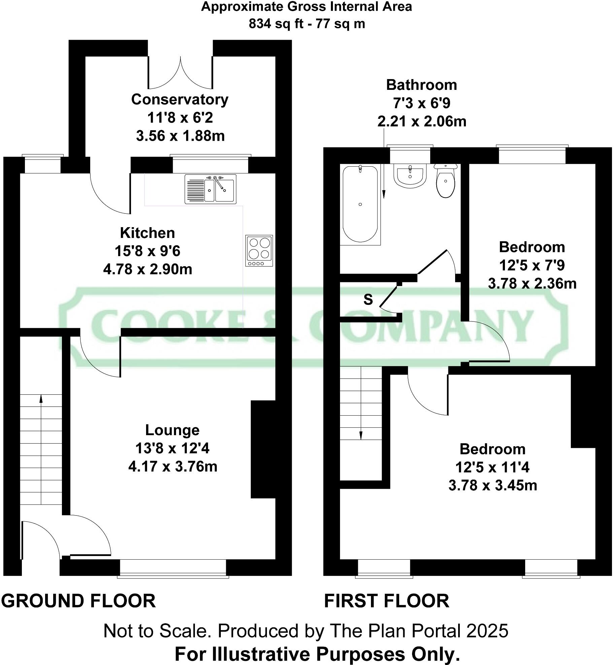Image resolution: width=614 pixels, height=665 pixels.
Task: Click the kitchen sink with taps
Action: click(210, 189)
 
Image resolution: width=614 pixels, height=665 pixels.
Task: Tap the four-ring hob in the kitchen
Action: click(259, 251)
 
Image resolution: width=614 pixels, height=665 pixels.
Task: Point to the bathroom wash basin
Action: click(410, 175)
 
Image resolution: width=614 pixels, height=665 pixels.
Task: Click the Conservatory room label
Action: click(180, 100)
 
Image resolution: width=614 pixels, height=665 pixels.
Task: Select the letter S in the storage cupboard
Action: click(368, 299)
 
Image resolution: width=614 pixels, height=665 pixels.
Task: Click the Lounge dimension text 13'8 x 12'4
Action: click(172, 448)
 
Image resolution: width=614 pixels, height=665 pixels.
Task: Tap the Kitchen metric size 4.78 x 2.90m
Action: click(147, 269)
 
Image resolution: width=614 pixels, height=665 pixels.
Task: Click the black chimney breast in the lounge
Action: click(263, 449)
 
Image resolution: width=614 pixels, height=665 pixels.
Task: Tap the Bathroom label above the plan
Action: click(421, 85)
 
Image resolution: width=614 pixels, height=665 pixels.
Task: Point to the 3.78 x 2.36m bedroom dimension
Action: click(532, 283)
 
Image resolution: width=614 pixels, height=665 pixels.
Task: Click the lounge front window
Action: click(173, 568)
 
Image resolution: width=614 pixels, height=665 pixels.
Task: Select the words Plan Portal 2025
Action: click(419, 631)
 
